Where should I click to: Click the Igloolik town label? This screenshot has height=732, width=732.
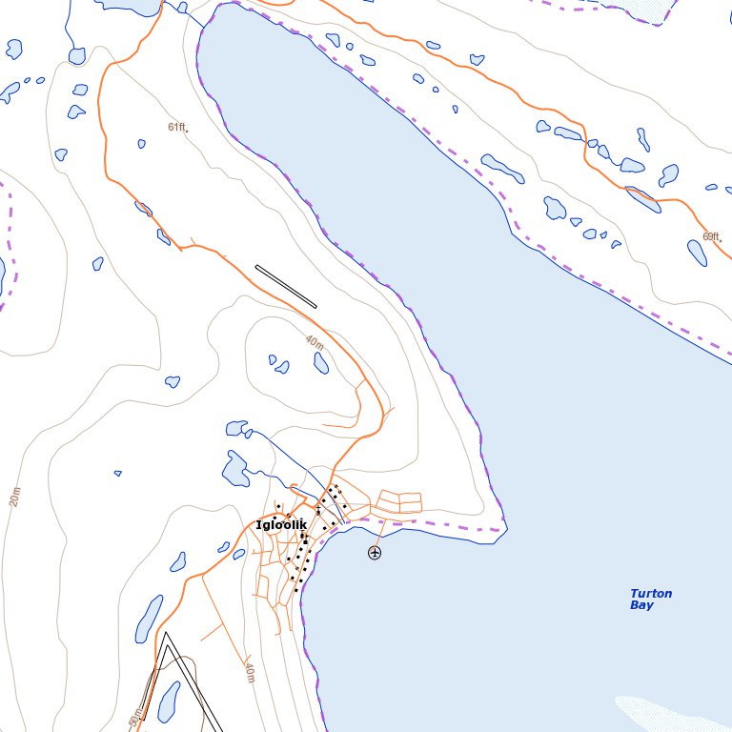(281, 525)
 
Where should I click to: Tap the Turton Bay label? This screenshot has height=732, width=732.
(650, 599)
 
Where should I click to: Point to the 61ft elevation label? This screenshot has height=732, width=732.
(176, 127)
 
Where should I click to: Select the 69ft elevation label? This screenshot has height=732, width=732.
(710, 236)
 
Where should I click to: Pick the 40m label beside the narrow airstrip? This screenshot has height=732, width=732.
(315, 342)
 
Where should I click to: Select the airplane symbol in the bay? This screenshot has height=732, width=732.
(375, 552)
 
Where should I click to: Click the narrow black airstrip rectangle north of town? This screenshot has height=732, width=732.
(285, 286)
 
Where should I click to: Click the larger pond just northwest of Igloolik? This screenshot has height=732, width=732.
(235, 469)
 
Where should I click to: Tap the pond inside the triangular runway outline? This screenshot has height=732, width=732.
(168, 701)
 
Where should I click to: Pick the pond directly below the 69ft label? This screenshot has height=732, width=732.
(697, 253)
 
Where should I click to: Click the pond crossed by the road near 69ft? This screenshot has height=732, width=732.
(642, 198)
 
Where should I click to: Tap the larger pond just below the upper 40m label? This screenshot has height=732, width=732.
(321, 362)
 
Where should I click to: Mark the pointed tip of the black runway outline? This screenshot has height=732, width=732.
(165, 635)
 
